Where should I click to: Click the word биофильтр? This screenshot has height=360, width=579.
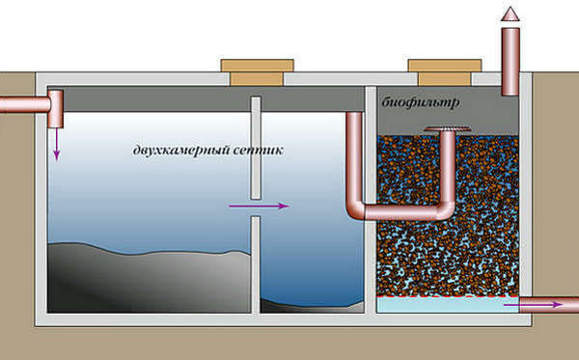pyautogui.click(x=421, y=102)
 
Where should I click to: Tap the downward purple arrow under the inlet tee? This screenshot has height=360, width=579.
pyautogui.click(x=57, y=145)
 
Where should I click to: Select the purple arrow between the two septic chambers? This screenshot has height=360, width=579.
pyautogui.click(x=259, y=206)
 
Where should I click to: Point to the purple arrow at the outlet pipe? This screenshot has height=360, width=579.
pyautogui.click(x=534, y=305)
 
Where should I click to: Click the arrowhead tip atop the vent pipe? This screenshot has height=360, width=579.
pyautogui.click(x=510, y=7)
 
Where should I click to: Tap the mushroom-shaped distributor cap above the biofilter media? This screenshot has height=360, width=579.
pyautogui.click(x=448, y=129)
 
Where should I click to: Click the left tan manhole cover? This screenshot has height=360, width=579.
pyautogui.click(x=258, y=72)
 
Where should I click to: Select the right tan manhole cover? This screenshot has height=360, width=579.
pyautogui.click(x=445, y=72)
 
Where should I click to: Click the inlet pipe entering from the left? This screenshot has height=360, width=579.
pyautogui.click(x=24, y=104)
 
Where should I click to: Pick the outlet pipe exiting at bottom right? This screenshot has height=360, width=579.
pyautogui.click(x=549, y=305)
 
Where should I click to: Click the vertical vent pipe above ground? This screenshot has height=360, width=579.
pyautogui.click(x=510, y=62)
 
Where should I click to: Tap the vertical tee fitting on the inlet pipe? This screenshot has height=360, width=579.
pyautogui.click(x=56, y=109)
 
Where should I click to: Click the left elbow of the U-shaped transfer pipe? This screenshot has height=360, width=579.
pyautogui.click(x=356, y=210)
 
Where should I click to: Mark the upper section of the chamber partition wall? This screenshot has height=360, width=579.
pyautogui.click(x=256, y=148)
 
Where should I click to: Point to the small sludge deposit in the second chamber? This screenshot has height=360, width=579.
pyautogui.click(x=313, y=306)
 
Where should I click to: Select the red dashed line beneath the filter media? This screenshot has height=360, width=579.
pyautogui.click(x=448, y=296)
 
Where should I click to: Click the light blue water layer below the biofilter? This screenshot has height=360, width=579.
pyautogui.click(x=448, y=305)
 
